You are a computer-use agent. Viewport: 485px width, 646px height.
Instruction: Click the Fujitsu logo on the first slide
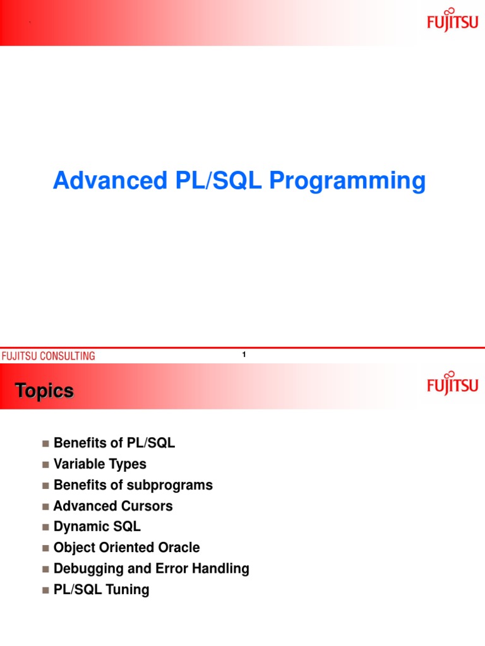tap(453, 20)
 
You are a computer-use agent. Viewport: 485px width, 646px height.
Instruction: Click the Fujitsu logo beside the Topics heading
tap(453, 382)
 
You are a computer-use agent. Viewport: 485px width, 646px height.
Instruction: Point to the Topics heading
tap(44, 391)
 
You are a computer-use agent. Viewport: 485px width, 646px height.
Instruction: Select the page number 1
tap(244, 355)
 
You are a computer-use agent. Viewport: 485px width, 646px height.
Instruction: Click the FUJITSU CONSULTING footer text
tap(48, 356)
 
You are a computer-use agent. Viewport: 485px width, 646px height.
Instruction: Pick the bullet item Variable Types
tap(100, 464)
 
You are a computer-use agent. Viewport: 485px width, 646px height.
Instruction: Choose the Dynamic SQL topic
tap(97, 527)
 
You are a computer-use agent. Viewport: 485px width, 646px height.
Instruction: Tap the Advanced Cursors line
tap(113, 506)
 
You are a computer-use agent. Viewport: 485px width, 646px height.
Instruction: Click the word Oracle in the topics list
tap(179, 548)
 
